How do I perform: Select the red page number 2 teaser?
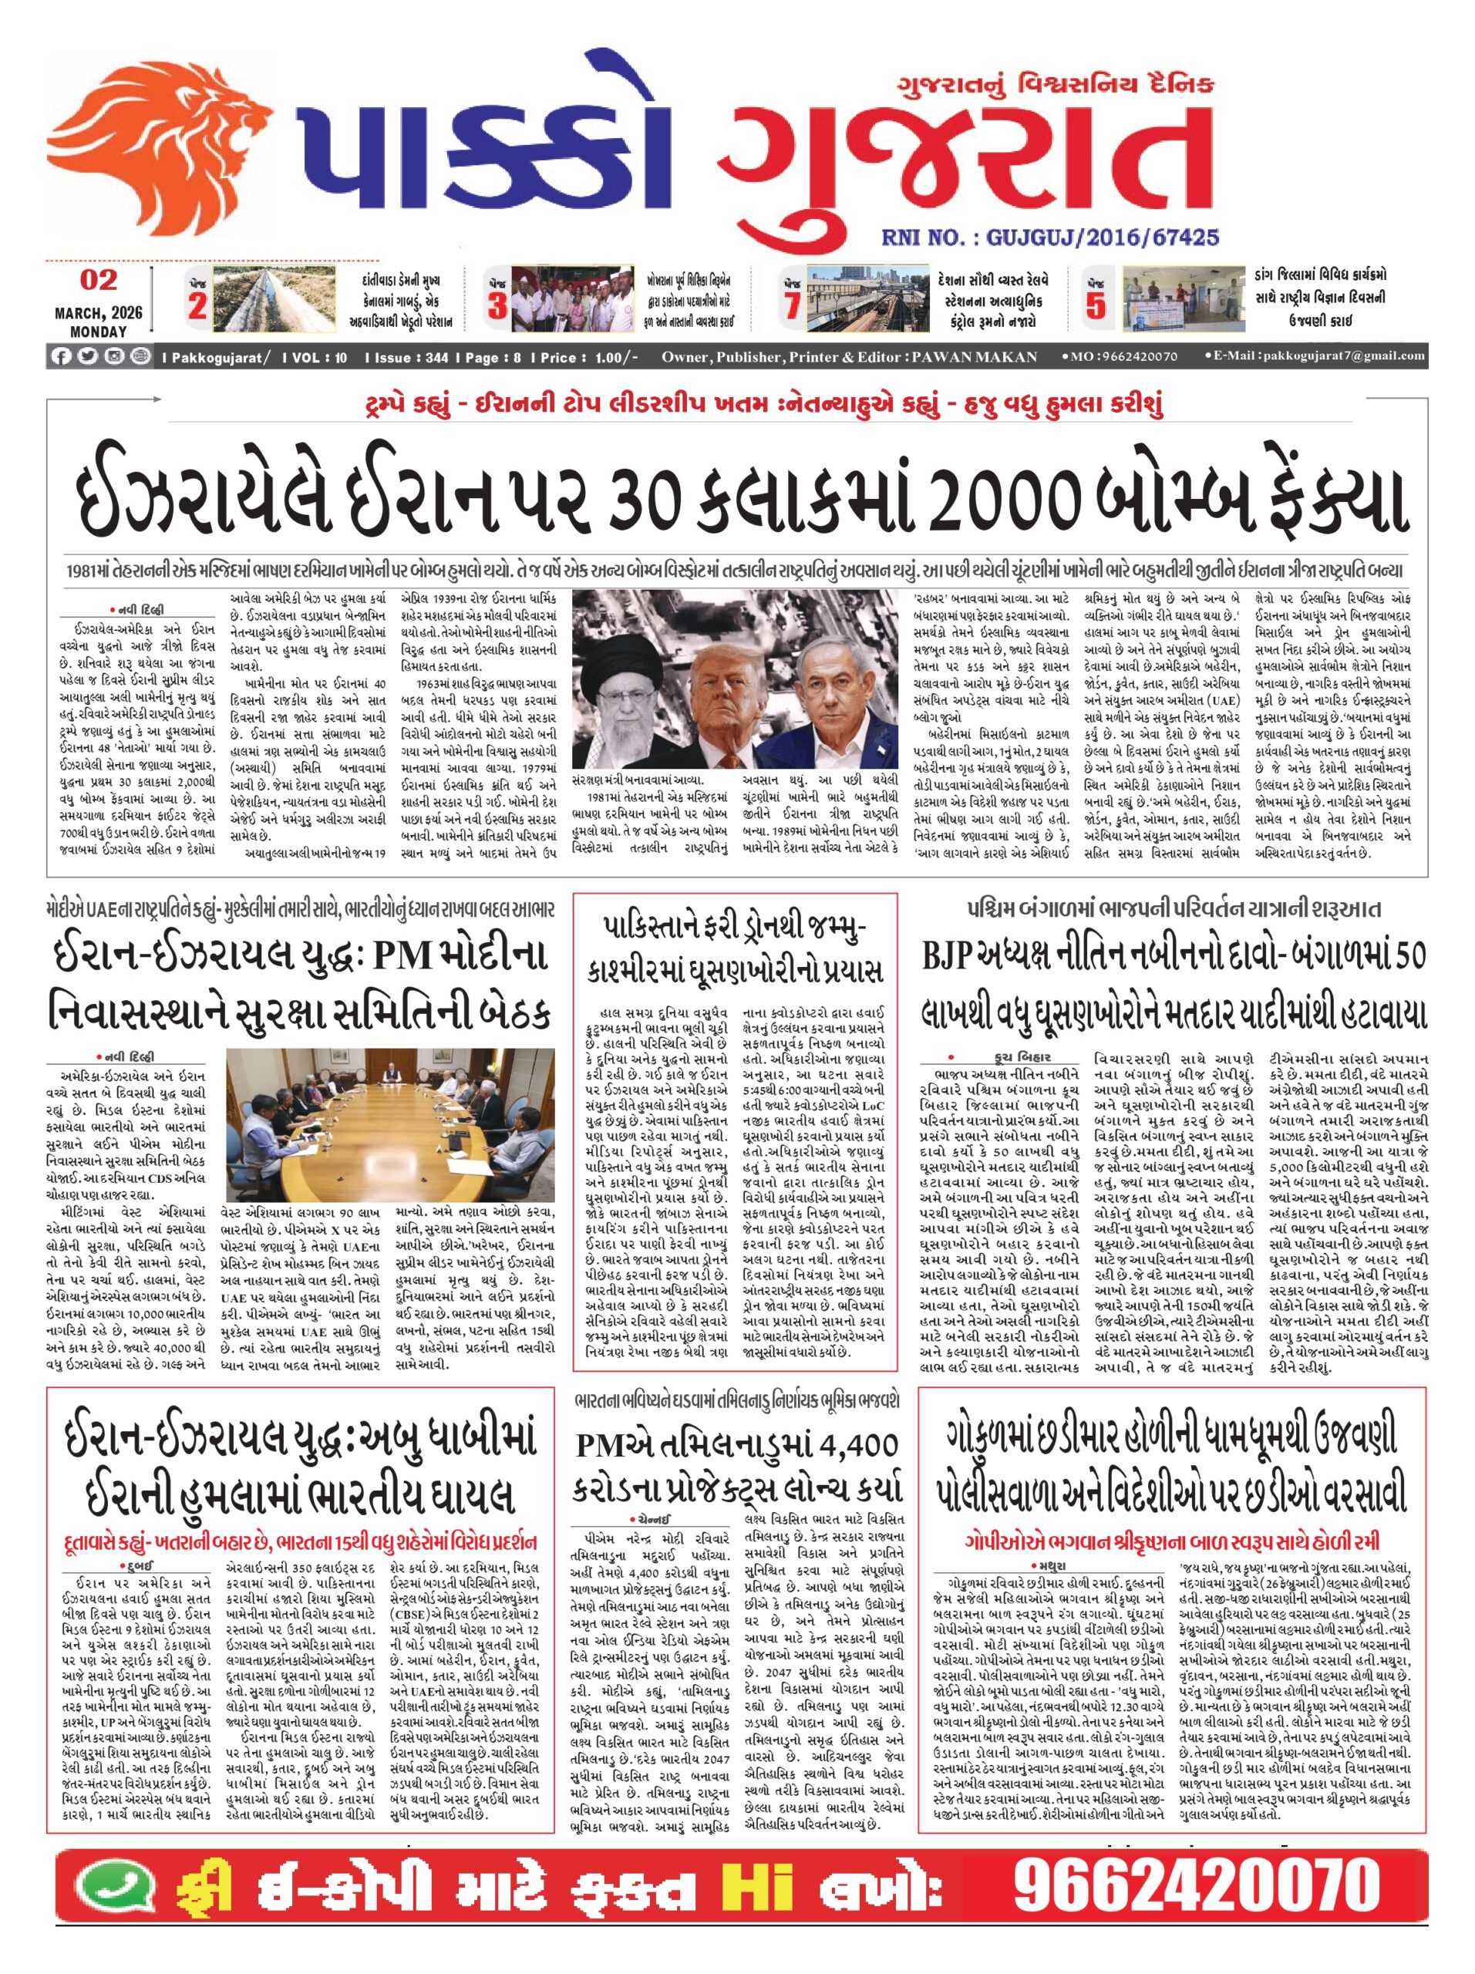click(197, 305)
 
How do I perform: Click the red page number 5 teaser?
click(1095, 305)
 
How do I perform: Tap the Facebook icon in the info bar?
click(61, 356)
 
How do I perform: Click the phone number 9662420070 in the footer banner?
click(1196, 1888)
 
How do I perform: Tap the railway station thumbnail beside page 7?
click(867, 299)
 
